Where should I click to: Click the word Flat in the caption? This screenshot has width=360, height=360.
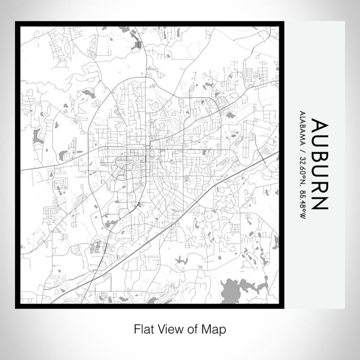[143, 329]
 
